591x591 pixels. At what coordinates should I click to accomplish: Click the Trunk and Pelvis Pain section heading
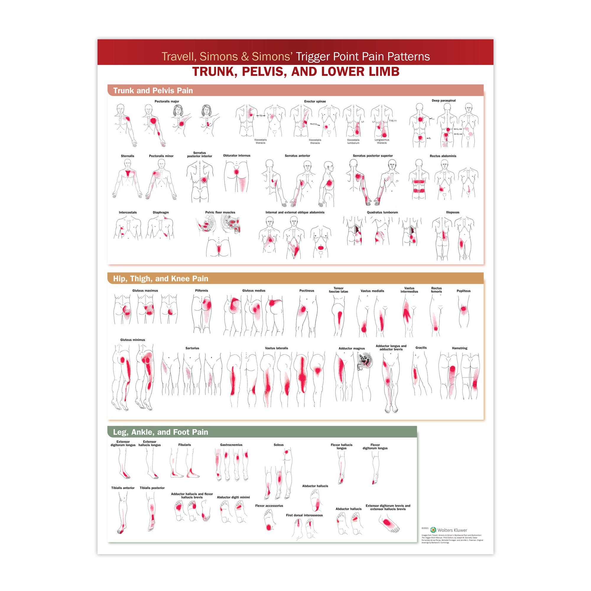coord(153,90)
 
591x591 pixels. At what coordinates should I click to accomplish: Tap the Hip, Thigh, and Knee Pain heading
coord(160,279)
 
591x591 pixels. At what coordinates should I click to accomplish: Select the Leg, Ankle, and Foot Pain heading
coord(160,432)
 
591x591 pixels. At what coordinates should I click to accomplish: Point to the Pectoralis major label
coord(167,101)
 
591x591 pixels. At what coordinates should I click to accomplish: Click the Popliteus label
coord(463,291)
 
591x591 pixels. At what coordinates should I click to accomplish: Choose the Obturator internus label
coord(236,155)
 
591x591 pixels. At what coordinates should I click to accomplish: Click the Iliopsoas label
coord(452,212)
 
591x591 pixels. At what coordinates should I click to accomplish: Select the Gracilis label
coord(421,348)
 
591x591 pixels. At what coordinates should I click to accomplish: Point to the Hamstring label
coord(460,348)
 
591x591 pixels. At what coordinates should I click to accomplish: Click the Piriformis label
coord(201,290)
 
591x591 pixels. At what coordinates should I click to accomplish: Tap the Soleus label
coord(278,445)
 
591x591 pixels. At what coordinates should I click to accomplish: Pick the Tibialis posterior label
coord(152,488)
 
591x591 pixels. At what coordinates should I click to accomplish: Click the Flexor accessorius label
coord(269,506)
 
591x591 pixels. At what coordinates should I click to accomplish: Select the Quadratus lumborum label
coord(382,212)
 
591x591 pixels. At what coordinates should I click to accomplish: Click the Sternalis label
coord(127,156)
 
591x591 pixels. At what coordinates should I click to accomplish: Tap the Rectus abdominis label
coord(443,156)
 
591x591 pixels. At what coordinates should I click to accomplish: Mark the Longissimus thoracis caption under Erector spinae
coord(382,141)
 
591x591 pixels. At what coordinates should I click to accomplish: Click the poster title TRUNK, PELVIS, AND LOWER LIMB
coord(295,72)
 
